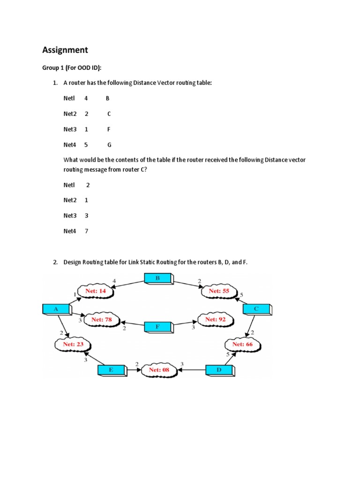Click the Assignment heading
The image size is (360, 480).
65,50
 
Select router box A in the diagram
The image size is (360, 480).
56,309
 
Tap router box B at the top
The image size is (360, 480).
157,278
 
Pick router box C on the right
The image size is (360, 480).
256,309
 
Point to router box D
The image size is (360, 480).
219,370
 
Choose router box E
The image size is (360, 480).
111,370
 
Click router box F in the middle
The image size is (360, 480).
157,326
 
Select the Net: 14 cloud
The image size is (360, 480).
95,291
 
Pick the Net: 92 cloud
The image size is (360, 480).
216,320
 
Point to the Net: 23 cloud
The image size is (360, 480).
73,344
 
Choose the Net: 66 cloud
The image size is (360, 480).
242,345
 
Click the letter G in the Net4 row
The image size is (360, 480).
109,145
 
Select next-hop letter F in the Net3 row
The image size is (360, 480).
109,129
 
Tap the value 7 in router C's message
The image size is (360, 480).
86,231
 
